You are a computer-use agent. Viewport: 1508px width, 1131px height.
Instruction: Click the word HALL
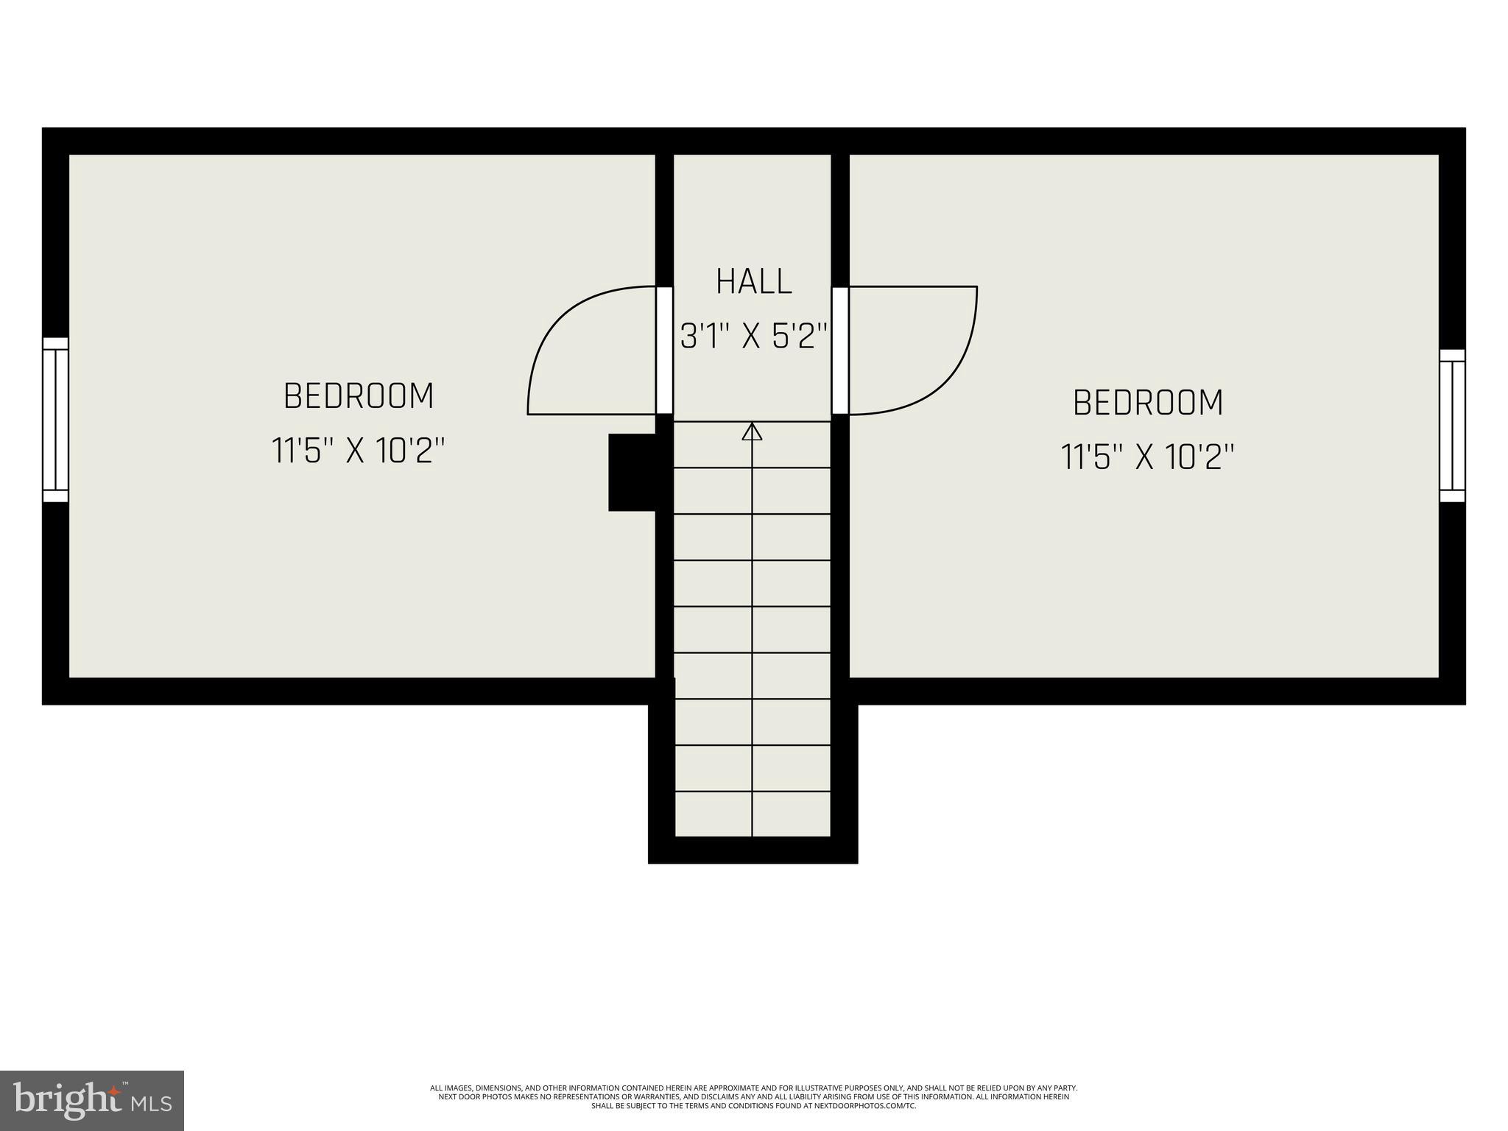click(753, 282)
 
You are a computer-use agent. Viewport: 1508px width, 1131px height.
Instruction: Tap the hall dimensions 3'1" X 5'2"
click(753, 337)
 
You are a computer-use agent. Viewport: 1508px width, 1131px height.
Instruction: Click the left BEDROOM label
click(359, 396)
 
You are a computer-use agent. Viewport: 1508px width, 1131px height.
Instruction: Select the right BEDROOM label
click(1147, 403)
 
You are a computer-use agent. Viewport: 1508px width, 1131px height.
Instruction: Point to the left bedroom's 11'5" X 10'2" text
click(359, 451)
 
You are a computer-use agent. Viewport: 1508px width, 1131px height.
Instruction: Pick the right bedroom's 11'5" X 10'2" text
click(1147, 457)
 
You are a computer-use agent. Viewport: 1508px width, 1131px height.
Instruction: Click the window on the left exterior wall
click(55, 420)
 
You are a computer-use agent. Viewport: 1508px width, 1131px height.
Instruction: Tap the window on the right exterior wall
click(1452, 426)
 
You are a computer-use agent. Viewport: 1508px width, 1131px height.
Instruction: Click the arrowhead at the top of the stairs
click(752, 432)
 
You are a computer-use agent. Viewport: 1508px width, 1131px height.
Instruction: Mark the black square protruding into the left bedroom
click(631, 472)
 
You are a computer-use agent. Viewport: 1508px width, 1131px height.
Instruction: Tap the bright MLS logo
click(91, 1100)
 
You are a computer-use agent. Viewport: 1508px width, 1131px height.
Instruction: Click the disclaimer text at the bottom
click(753, 1096)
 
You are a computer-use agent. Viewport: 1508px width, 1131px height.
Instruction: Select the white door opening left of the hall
click(664, 350)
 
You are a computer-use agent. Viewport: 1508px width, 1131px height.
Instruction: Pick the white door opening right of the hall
click(840, 350)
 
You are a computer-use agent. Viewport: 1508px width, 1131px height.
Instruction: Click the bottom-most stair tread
click(753, 814)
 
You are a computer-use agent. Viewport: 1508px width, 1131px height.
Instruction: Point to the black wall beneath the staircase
click(753, 850)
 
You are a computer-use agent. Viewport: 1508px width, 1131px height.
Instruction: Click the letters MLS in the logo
click(151, 1104)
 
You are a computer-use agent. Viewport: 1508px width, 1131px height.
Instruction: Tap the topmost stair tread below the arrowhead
click(753, 445)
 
